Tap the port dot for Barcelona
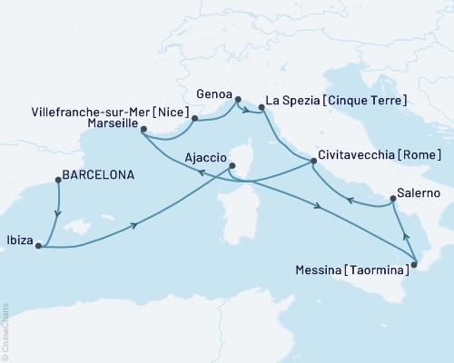pyautogui.click(x=58, y=180)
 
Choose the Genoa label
pyautogui.click(x=214, y=91)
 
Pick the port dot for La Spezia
pyautogui.click(x=262, y=108)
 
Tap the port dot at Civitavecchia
pyautogui.click(x=313, y=162)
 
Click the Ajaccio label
pyautogui.click(x=204, y=156)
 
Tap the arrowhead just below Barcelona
pyautogui.click(x=59, y=214)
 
